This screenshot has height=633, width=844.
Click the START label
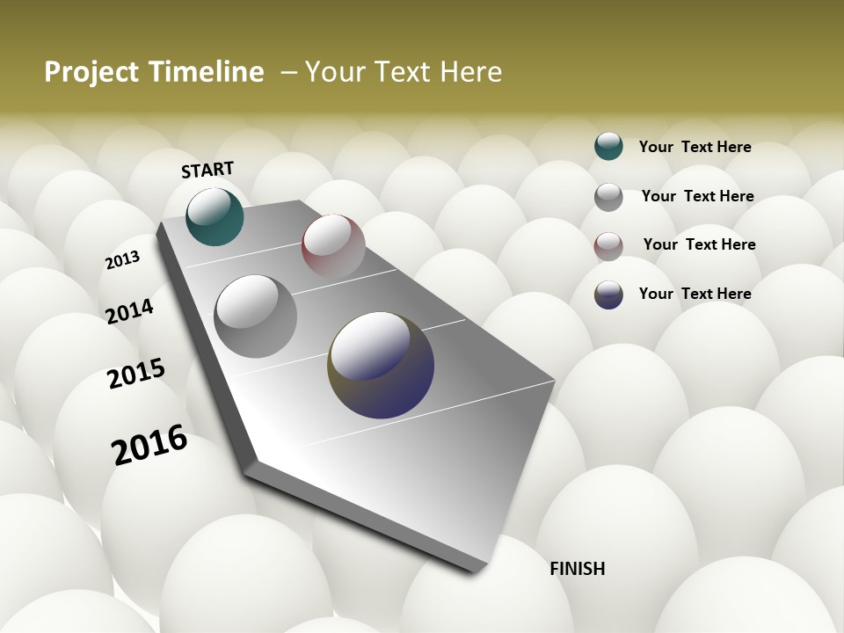click(207, 170)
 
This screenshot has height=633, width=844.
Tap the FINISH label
click(577, 569)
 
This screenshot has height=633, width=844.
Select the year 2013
click(122, 260)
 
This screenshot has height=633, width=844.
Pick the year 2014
click(129, 311)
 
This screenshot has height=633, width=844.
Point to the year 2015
click(135, 374)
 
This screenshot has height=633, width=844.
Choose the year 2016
click(149, 445)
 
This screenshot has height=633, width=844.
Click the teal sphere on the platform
click(215, 216)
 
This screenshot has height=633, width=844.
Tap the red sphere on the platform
click(333, 246)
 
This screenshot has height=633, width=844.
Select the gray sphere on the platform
click(256, 316)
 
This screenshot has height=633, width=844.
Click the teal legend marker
click(608, 146)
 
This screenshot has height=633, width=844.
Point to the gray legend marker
click(608, 197)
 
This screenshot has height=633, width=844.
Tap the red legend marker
click(608, 246)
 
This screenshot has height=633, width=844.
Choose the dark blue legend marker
click(608, 295)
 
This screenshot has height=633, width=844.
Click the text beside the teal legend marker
click(695, 147)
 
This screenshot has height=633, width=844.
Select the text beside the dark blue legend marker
click(695, 294)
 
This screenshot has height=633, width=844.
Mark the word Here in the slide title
click(470, 72)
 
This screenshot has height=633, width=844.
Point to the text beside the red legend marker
click(699, 244)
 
